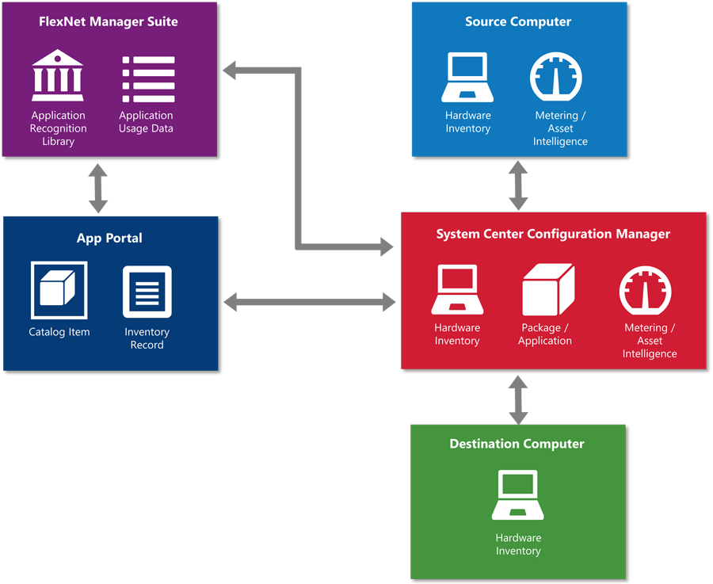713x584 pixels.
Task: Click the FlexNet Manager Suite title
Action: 109,22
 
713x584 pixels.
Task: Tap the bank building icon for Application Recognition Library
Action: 58,76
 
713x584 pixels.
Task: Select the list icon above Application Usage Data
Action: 148,78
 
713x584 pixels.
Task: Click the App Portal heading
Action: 109,238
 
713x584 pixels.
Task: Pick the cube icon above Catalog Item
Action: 59,290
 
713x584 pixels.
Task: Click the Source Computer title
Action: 518,22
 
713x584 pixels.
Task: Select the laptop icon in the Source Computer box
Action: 468,78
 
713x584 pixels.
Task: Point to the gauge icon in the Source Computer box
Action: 556,78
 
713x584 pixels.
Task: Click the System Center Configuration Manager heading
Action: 553,234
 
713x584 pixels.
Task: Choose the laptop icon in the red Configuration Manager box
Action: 457,290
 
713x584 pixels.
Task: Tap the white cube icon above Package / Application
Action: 547,290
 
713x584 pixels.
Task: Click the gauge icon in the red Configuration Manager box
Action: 646,291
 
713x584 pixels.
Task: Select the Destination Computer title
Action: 517,444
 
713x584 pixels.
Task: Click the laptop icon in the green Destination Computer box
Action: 518,495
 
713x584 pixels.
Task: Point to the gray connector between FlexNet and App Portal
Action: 98,187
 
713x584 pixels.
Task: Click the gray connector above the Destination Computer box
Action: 518,399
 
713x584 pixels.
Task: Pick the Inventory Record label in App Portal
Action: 147,338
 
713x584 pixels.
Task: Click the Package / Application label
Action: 545,334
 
